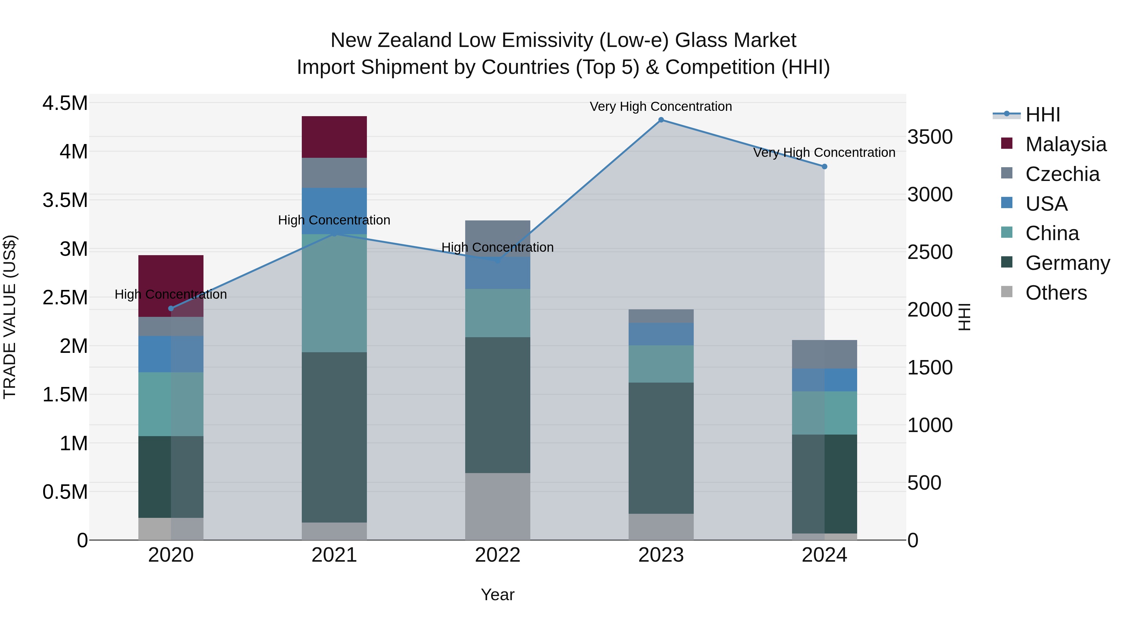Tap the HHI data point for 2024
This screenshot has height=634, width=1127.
[x=824, y=167]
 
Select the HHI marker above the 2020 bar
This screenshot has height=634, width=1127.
[x=171, y=308]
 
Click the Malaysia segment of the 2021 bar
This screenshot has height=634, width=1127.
[x=334, y=137]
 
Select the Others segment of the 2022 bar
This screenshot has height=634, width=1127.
[x=497, y=506]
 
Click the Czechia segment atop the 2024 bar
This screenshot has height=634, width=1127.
[x=824, y=354]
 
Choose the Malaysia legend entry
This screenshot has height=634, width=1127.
[x=1065, y=144]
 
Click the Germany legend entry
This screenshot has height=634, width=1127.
[x=1067, y=263]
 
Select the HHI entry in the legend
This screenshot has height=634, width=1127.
[x=1042, y=115]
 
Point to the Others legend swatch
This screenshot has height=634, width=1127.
[x=1007, y=292]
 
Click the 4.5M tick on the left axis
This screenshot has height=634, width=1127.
[x=65, y=104]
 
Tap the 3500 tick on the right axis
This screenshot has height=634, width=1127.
[x=930, y=137]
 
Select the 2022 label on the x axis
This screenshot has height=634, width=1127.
[x=497, y=555]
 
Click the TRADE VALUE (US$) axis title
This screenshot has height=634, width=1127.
[x=10, y=317]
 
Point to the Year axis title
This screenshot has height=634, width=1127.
[x=497, y=595]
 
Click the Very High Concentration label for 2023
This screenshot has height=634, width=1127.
[x=661, y=106]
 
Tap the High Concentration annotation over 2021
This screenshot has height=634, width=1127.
[x=334, y=220]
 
